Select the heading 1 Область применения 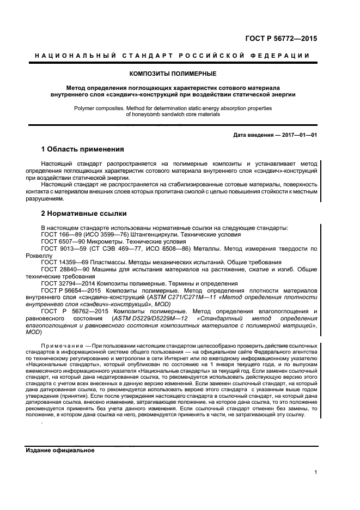[83, 149]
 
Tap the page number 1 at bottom [316, 472]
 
